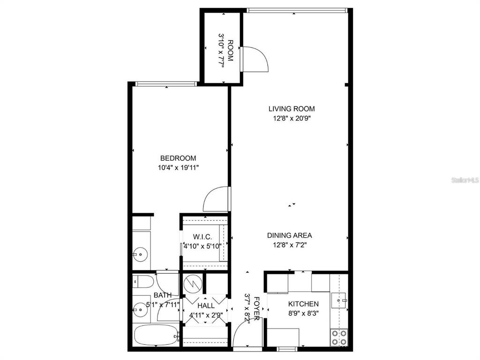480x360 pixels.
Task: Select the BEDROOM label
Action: (x=178, y=158)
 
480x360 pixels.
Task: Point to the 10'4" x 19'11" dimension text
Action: (x=178, y=167)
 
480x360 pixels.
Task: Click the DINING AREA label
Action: (x=289, y=235)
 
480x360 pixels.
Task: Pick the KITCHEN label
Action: (x=304, y=304)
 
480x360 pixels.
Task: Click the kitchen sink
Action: (x=340, y=299)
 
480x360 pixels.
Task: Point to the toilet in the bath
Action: (x=142, y=281)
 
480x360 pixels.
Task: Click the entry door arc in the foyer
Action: (x=246, y=335)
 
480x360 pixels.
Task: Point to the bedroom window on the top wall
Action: (x=165, y=84)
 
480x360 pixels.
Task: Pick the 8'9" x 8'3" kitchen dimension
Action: (x=304, y=314)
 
